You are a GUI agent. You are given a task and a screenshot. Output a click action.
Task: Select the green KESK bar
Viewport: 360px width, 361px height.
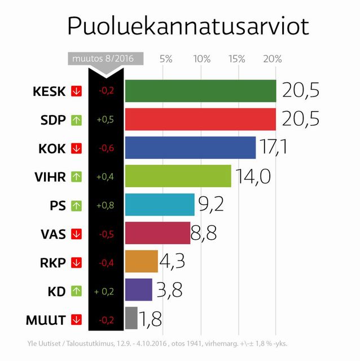(x=200, y=91)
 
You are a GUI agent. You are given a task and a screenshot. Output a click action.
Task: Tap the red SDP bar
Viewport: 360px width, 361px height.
(x=200, y=119)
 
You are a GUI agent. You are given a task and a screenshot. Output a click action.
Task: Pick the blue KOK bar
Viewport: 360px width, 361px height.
(x=190, y=148)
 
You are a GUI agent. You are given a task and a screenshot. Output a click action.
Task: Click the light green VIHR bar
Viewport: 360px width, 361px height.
(x=178, y=176)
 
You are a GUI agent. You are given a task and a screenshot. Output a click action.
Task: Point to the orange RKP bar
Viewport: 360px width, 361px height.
(x=141, y=261)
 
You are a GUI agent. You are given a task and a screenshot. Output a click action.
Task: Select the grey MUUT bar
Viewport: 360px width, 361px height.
(x=131, y=318)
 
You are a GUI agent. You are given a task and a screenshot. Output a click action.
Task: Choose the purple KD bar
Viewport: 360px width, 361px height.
(x=138, y=290)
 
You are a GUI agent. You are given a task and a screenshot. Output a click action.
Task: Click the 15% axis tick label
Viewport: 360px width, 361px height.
(x=238, y=59)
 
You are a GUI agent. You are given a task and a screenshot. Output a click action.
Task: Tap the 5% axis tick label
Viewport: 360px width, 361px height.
(x=166, y=59)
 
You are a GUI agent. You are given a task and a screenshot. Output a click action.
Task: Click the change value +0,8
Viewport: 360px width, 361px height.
(x=105, y=205)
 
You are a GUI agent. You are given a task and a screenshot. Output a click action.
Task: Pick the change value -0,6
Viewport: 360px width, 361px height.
(x=105, y=148)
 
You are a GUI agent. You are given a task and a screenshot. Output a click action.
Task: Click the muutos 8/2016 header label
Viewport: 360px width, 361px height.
(x=105, y=59)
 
